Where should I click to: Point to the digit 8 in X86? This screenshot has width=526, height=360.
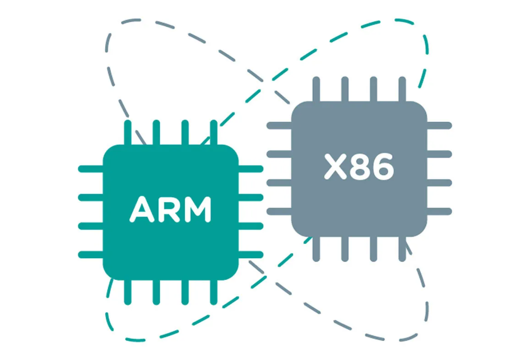[359, 167]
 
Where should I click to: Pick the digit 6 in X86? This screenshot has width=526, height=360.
[381, 167]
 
